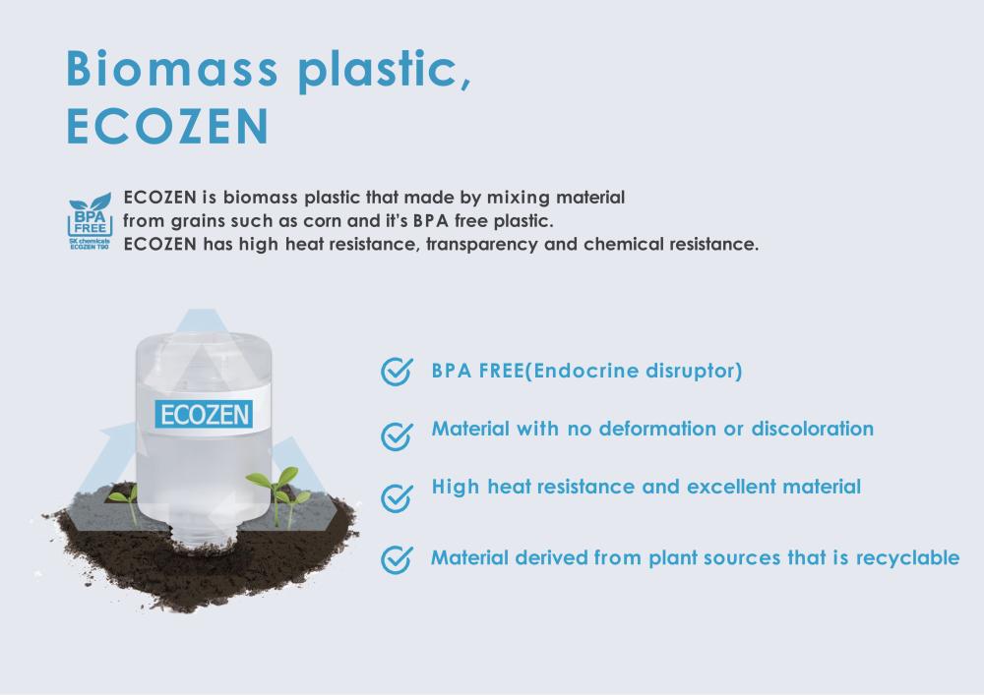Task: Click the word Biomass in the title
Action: (172, 68)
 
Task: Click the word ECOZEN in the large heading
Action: (167, 126)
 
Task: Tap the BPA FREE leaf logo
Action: (90, 221)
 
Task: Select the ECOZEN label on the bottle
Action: (204, 414)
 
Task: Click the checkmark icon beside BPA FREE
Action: (397, 372)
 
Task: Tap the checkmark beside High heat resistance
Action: (397, 498)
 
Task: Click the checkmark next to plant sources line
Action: (397, 559)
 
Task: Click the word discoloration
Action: (813, 429)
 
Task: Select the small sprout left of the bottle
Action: (124, 502)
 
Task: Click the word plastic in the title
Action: (385, 69)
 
